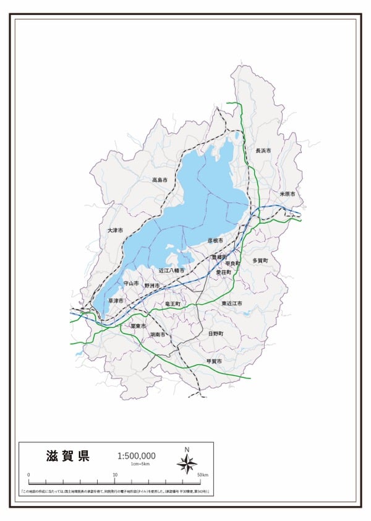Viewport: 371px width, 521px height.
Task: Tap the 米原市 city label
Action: coord(288,194)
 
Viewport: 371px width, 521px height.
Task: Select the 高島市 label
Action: coord(160,180)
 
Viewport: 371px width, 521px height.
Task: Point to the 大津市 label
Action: coord(115,230)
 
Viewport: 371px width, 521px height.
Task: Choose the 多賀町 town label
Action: coord(260,261)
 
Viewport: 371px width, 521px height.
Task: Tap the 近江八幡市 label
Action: coord(171,271)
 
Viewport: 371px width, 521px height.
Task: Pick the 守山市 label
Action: coord(132,282)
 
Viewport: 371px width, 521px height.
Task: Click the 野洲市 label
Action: coord(152,286)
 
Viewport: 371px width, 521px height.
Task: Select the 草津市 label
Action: coord(116,300)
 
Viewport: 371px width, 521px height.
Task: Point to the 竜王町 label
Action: coord(173,304)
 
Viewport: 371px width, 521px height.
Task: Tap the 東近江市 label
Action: coord(232,304)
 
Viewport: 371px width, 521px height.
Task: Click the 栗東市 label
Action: coord(137,325)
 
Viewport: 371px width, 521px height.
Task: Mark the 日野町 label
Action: coord(215,333)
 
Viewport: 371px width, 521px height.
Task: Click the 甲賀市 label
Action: coord(214,361)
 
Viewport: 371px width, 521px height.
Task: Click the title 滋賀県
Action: coord(68,457)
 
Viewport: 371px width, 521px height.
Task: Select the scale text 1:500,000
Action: coord(136,456)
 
